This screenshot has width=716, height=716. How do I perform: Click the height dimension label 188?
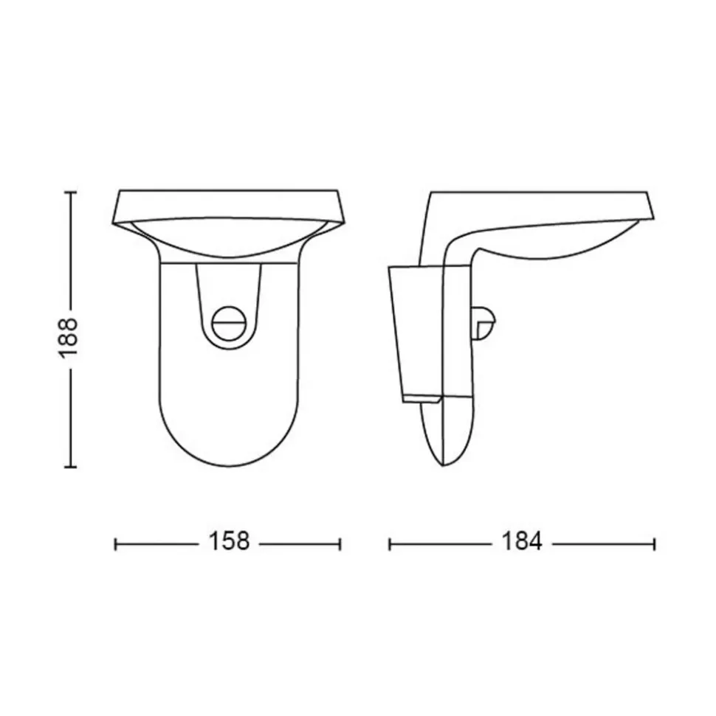69,337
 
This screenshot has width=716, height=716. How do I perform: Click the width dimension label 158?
229,541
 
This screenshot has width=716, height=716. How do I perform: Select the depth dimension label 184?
522,541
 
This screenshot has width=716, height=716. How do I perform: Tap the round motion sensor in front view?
229,324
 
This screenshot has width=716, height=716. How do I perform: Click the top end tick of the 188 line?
70,192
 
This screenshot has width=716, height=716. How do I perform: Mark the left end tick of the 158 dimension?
116,544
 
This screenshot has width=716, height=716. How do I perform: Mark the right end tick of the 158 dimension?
340,544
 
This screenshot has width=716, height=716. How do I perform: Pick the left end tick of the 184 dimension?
390,544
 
